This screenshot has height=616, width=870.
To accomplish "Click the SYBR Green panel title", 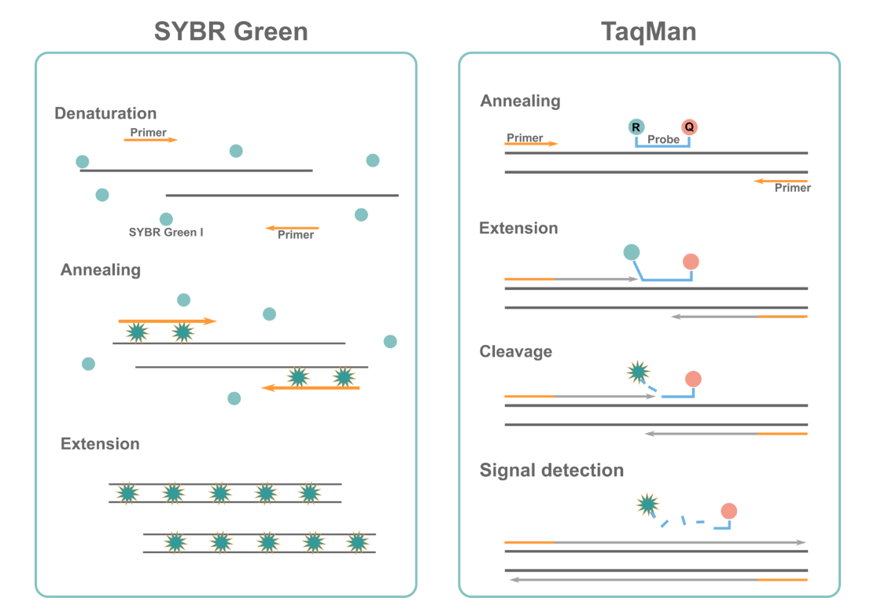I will point(230,31).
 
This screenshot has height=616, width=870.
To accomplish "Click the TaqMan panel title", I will point(648,31).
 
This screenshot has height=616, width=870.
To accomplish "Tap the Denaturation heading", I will point(105,114).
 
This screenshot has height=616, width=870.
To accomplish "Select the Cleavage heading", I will point(516,351).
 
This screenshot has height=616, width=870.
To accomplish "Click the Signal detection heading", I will point(551,471).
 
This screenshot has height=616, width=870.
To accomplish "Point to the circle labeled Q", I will point(689,126).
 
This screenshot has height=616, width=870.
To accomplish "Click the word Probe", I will point(663,139).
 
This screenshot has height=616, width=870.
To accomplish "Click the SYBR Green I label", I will point(166,233).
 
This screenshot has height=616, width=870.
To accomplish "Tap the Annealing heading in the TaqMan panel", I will point(520,101).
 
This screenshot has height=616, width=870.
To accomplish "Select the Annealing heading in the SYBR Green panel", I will point(101,270).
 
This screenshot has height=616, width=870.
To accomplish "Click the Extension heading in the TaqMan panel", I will point(518,229).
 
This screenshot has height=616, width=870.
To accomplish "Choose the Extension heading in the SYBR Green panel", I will point(100,444).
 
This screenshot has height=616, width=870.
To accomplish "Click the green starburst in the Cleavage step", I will point(638,371).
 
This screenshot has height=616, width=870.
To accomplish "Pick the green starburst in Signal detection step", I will point(647,504).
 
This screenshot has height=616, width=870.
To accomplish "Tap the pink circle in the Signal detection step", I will point(728,511).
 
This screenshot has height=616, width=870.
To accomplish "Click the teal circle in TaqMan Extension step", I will point(632,252).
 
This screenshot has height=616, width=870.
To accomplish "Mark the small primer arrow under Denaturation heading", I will point(150,140).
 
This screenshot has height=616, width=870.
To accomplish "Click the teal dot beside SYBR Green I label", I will point(166,219).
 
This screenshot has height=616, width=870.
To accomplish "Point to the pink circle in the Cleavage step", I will point(693,379).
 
